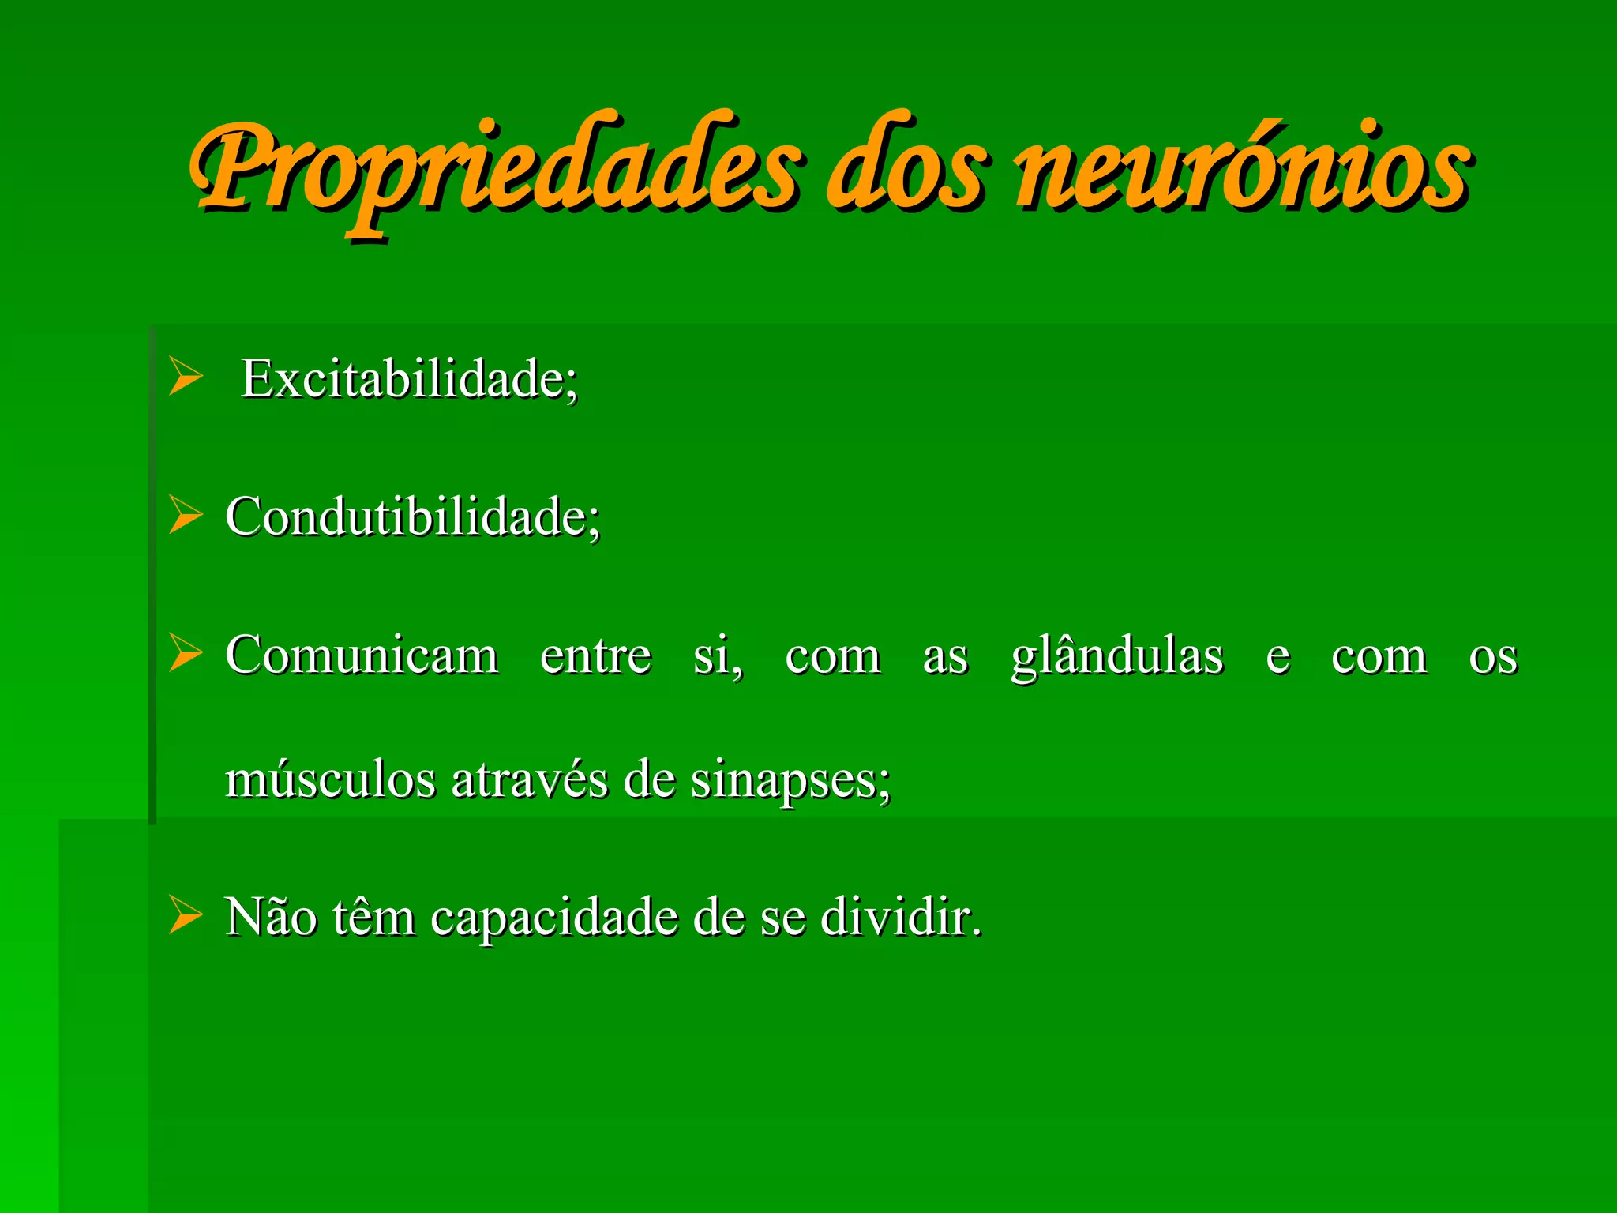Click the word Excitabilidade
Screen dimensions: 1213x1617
point(409,379)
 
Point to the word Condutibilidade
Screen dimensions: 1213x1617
point(412,517)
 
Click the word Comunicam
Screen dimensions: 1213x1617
point(362,655)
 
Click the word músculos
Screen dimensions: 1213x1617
point(330,780)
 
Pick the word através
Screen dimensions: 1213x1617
point(530,780)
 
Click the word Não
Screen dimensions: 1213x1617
point(270,918)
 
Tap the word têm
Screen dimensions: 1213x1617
point(373,918)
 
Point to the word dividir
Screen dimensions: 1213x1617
point(900,918)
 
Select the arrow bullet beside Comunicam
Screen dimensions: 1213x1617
point(186,653)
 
